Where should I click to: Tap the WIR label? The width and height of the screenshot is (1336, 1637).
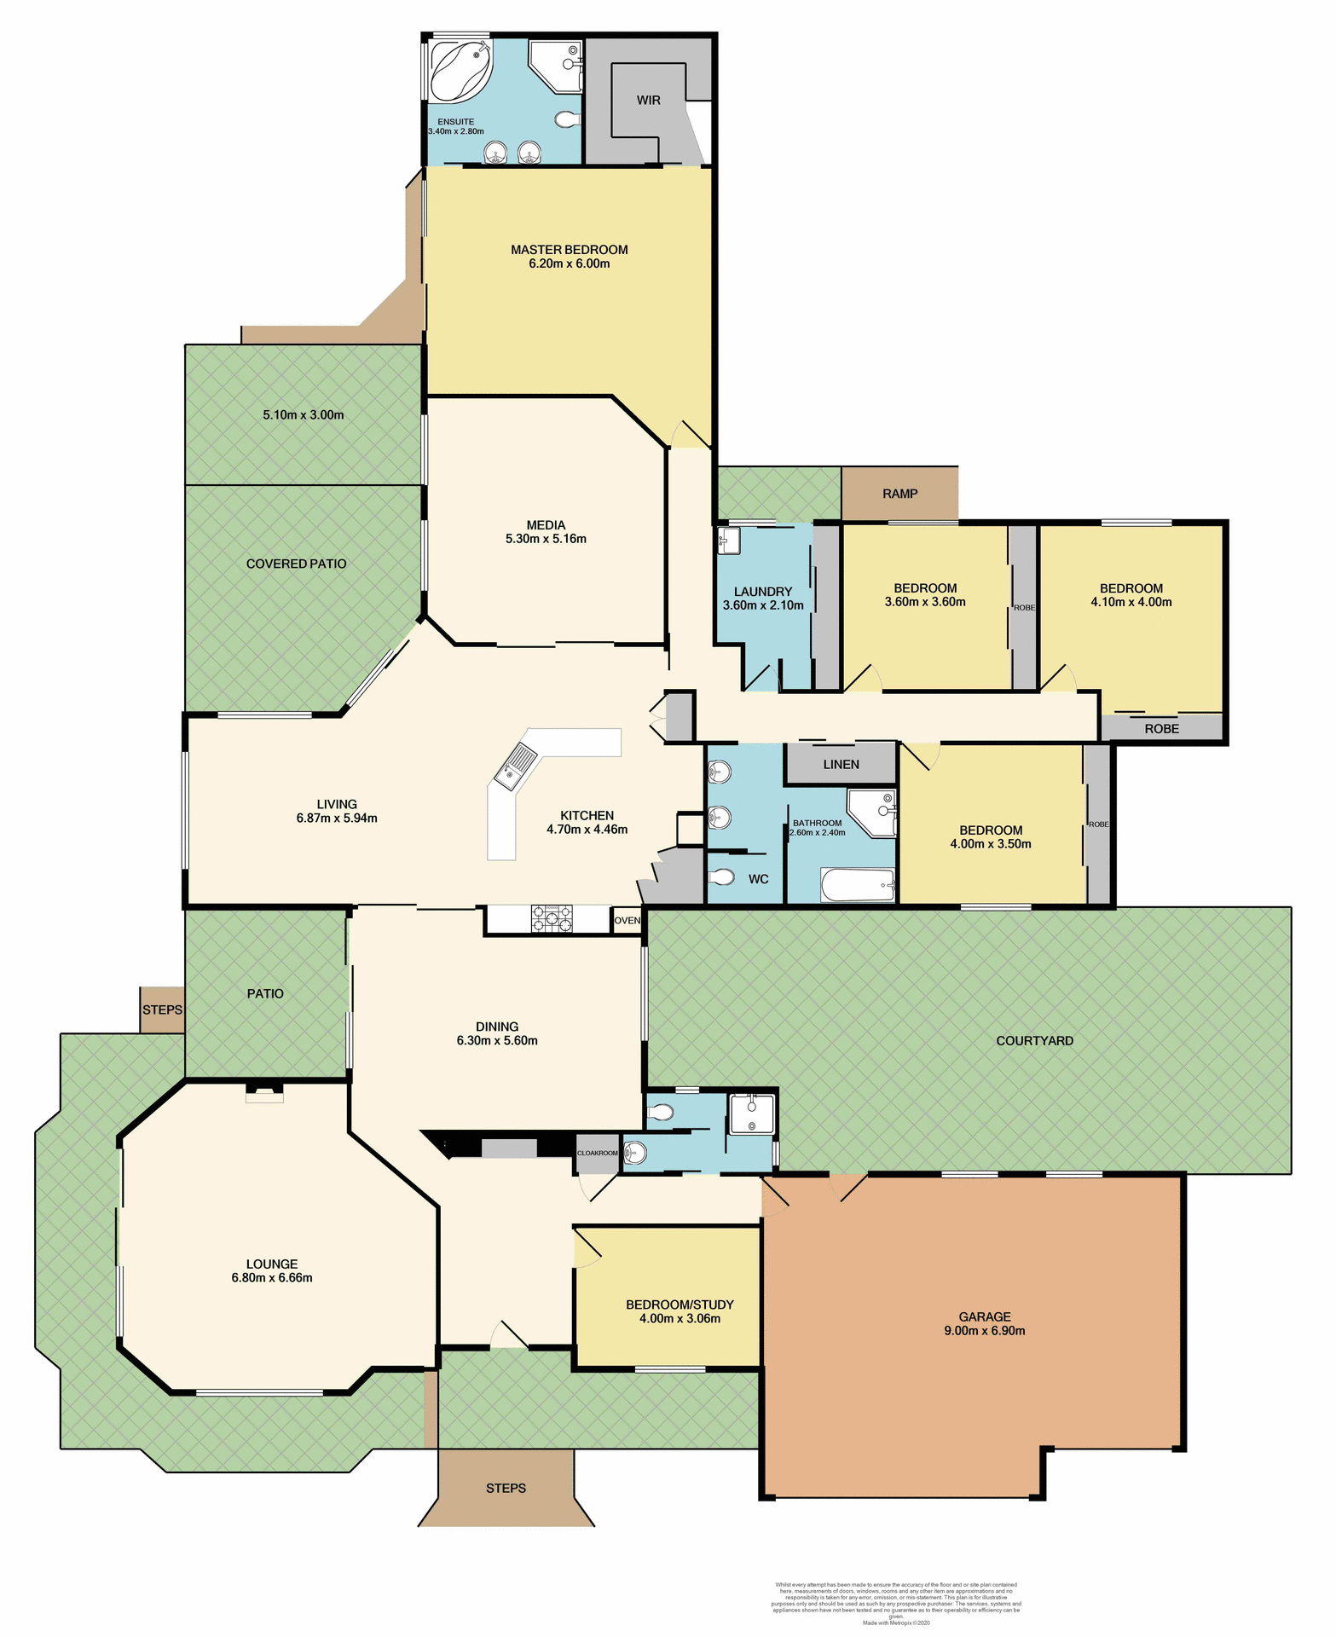[649, 101]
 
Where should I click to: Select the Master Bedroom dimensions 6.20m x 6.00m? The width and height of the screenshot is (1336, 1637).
[569, 264]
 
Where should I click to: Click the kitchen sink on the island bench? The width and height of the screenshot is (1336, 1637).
[515, 761]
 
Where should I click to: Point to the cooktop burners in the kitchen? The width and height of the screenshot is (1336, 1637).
[552, 918]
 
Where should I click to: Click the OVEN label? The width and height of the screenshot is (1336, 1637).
[628, 921]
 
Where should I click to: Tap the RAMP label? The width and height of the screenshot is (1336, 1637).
[900, 494]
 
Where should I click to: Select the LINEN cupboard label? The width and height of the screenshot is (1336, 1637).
[841, 765]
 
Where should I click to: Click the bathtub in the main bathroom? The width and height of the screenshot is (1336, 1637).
[858, 885]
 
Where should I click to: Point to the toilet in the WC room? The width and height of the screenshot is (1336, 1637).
[723, 877]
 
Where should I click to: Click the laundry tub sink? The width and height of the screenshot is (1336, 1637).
[728, 540]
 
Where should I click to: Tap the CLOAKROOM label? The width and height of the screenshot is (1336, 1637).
[597, 1154]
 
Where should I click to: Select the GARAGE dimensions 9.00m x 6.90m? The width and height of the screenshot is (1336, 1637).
[984, 1331]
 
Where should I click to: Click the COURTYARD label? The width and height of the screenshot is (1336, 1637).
[1034, 1041]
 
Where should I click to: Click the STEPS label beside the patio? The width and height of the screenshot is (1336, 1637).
[162, 1010]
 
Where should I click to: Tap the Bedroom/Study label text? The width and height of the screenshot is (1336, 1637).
[680, 1304]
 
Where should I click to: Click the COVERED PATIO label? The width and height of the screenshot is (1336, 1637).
[296, 564]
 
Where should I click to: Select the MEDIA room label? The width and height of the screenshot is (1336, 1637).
[546, 525]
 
